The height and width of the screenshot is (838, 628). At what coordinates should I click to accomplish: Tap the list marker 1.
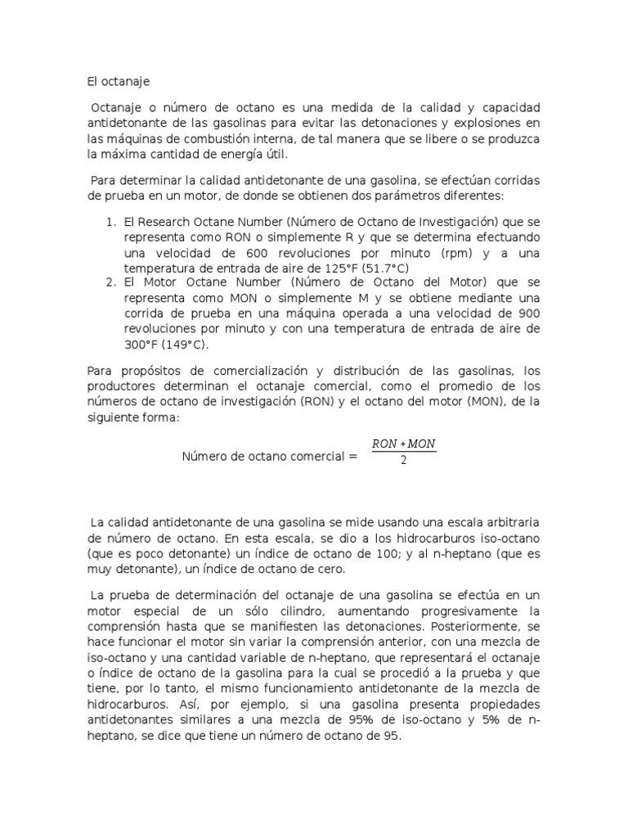[x=110, y=221]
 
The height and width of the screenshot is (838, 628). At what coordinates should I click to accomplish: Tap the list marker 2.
[x=110, y=283]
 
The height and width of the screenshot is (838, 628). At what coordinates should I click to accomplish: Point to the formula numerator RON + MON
[x=404, y=444]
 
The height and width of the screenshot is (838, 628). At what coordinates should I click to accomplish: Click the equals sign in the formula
[x=352, y=456]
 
